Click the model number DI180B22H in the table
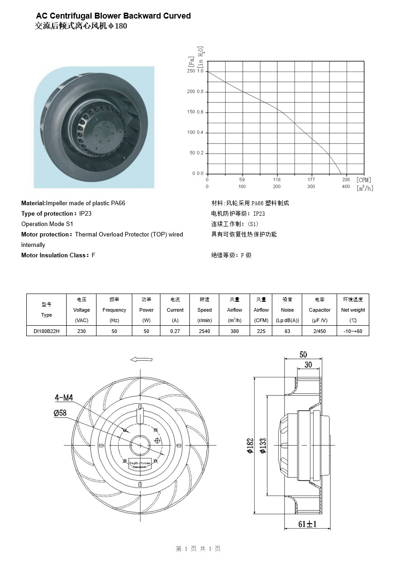[46, 331]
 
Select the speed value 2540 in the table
[204, 331]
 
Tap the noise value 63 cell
[287, 331]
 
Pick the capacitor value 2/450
[319, 331]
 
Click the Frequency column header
[114, 310]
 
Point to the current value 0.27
[175, 331]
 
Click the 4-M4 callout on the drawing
[64, 398]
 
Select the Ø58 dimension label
[60, 413]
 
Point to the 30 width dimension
[308, 365]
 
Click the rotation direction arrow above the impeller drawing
[140, 359]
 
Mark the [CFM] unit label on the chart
[364, 180]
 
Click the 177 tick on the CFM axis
[311, 180]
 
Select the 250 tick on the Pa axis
[191, 72]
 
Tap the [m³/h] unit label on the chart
[365, 188]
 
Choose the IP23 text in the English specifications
[85, 213]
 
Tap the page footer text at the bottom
[198, 549]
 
